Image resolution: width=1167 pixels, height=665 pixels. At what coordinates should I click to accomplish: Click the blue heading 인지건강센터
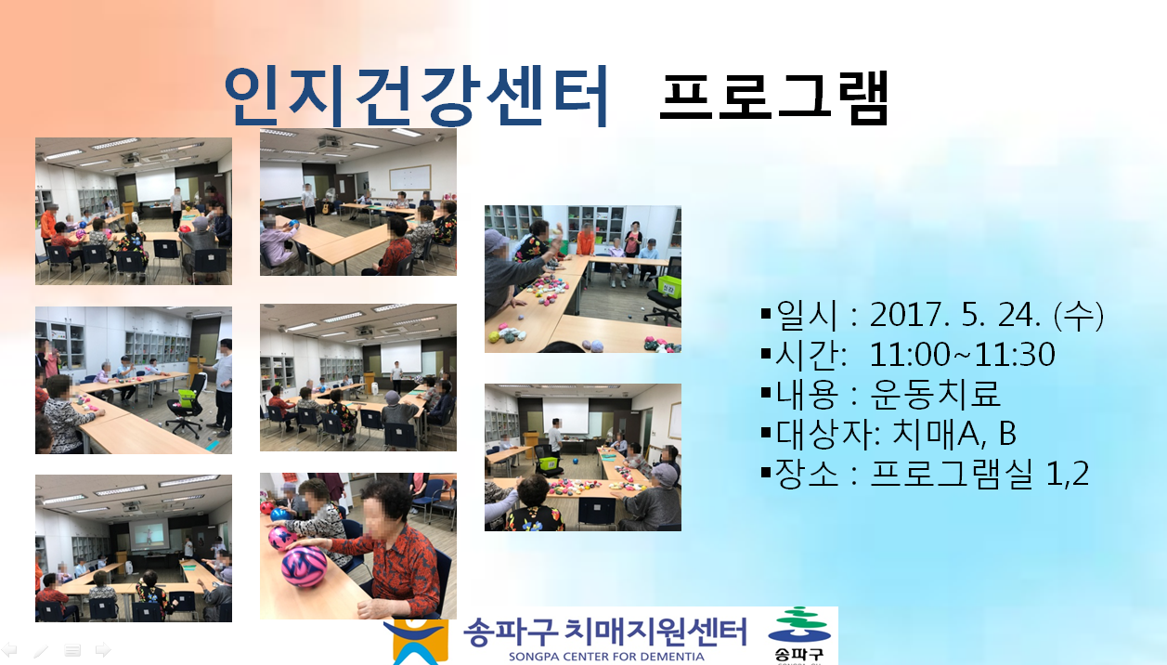[416, 97]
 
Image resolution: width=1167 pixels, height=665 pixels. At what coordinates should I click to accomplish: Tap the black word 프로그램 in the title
[774, 98]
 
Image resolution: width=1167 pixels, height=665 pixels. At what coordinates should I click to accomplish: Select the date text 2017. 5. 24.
[955, 315]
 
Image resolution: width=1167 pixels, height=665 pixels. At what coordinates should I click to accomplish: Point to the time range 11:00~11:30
[962, 355]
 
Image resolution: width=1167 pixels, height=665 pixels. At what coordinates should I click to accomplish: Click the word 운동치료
[935, 394]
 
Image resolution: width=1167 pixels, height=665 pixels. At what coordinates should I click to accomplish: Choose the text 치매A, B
[954, 433]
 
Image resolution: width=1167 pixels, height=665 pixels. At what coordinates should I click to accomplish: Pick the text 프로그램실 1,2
[979, 473]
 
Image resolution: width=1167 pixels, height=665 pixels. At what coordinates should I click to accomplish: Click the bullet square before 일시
[766, 314]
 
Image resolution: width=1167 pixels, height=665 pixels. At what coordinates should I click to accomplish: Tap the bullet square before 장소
[766, 473]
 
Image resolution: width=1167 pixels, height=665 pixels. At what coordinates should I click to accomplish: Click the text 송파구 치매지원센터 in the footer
[605, 632]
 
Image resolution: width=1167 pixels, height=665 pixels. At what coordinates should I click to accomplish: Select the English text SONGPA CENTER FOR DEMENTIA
[606, 657]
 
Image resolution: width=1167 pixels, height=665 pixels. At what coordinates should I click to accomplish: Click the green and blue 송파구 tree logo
[799, 634]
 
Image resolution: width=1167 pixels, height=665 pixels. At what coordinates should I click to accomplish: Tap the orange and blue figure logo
[416, 642]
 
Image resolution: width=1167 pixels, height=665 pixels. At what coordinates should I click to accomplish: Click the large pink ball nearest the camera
[304, 567]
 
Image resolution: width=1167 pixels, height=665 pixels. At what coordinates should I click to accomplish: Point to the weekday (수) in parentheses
[1078, 315]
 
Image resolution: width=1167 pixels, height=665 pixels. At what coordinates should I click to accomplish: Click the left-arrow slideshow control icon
[9, 650]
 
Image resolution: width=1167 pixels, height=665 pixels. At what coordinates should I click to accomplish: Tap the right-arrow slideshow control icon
[103, 650]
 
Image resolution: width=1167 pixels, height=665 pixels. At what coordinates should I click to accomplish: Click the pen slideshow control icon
[41, 650]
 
